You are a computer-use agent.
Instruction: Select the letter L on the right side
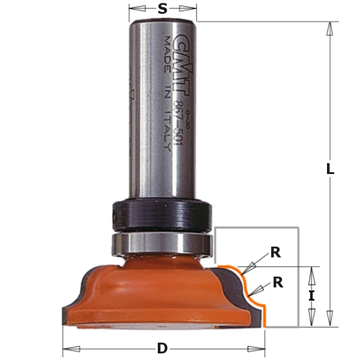click(329, 170)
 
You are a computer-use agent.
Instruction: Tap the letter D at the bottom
click(163, 349)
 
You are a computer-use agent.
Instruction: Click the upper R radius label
click(275, 253)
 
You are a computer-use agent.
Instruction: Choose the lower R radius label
click(278, 282)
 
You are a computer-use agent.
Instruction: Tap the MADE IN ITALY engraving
click(166, 90)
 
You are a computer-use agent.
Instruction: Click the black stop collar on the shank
click(161, 213)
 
